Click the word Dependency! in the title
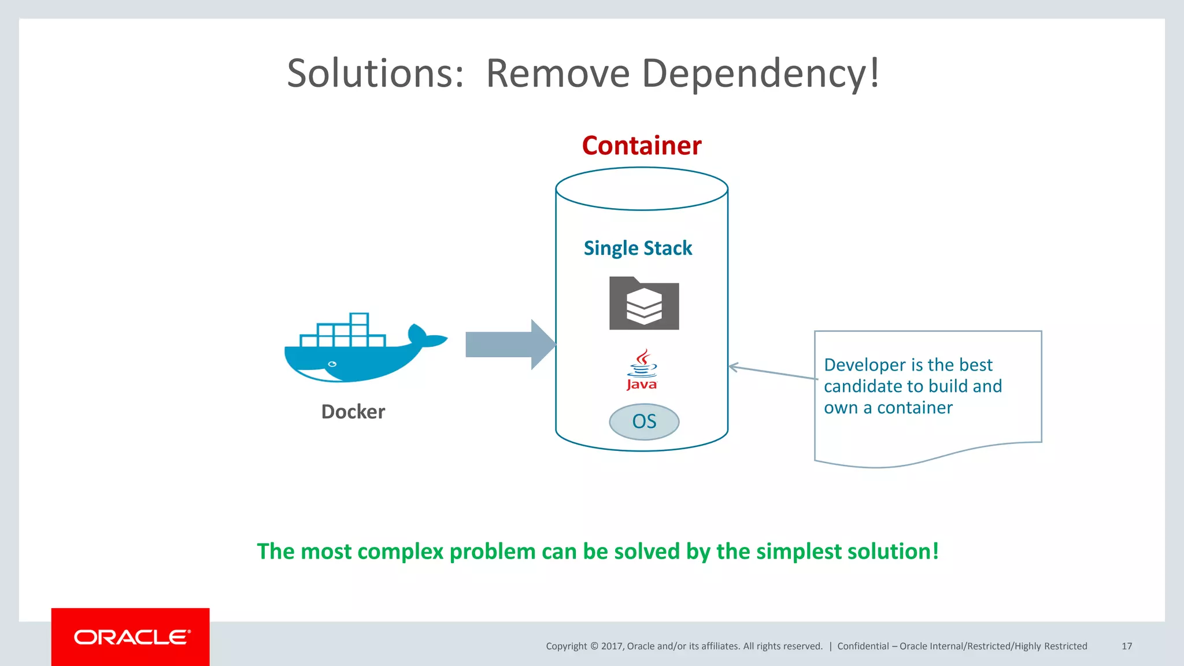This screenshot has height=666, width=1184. (x=760, y=74)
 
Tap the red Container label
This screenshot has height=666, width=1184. (x=641, y=146)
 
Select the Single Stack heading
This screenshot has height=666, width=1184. (x=638, y=248)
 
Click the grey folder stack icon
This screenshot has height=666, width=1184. (x=644, y=304)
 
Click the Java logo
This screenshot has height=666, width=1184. (x=642, y=370)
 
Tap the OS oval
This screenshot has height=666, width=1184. (x=644, y=421)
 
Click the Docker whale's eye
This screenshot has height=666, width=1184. (x=332, y=364)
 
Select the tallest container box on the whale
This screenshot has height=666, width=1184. (x=359, y=320)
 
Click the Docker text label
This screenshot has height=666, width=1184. (x=353, y=412)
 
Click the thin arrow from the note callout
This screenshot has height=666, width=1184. (x=772, y=372)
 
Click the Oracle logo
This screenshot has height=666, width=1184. (x=131, y=637)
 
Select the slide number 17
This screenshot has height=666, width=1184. (x=1126, y=646)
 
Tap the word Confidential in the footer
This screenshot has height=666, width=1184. (x=863, y=646)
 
